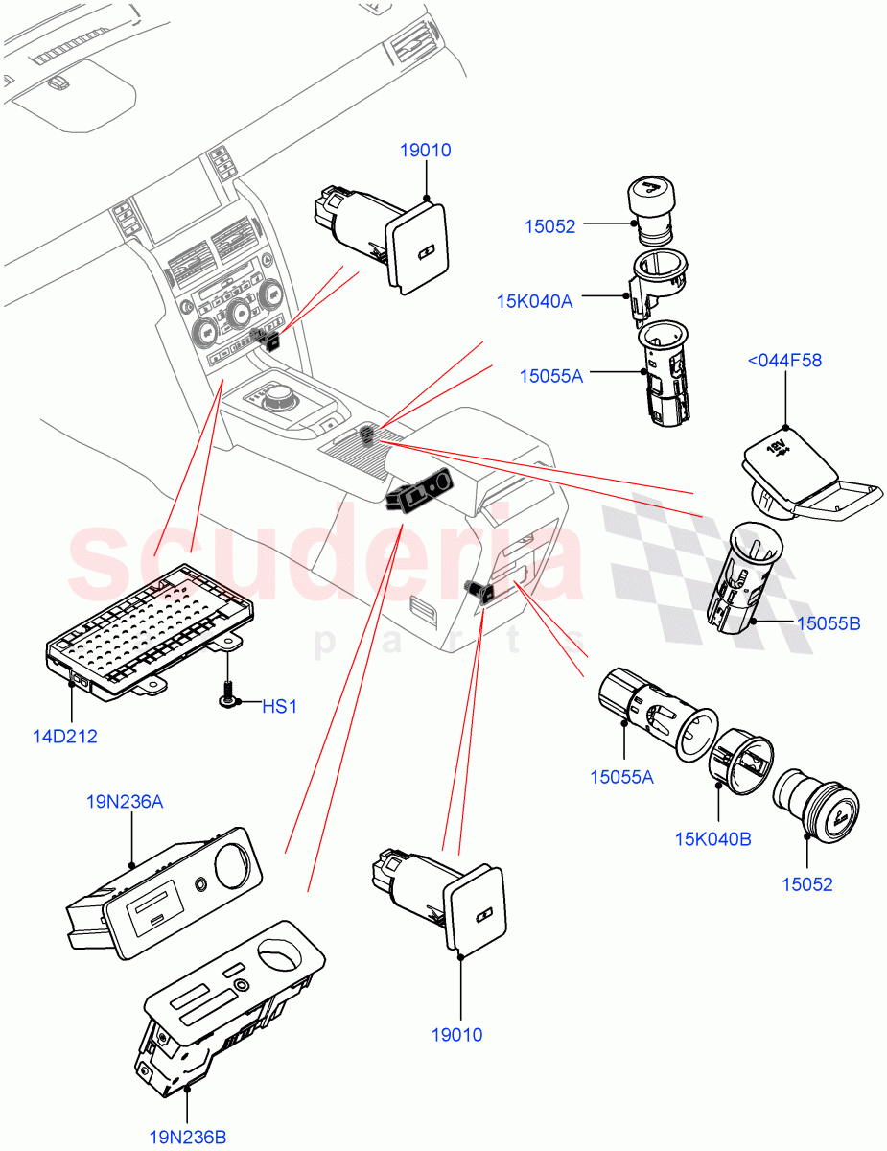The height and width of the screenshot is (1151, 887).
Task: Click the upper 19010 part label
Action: (x=427, y=151)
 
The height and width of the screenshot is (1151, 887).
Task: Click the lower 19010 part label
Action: (x=456, y=1035)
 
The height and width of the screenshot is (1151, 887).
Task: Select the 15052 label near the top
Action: (x=549, y=227)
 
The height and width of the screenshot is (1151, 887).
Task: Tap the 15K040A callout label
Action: (x=533, y=301)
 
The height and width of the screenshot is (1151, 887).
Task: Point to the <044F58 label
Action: (x=784, y=361)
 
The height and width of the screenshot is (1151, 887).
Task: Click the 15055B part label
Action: (x=828, y=623)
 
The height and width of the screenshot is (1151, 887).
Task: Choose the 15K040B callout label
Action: (x=712, y=839)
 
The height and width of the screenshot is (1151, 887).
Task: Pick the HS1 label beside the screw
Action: (x=280, y=706)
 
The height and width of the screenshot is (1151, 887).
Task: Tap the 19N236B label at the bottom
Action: (x=187, y=1138)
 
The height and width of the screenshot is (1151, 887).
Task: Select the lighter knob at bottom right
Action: (x=816, y=807)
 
